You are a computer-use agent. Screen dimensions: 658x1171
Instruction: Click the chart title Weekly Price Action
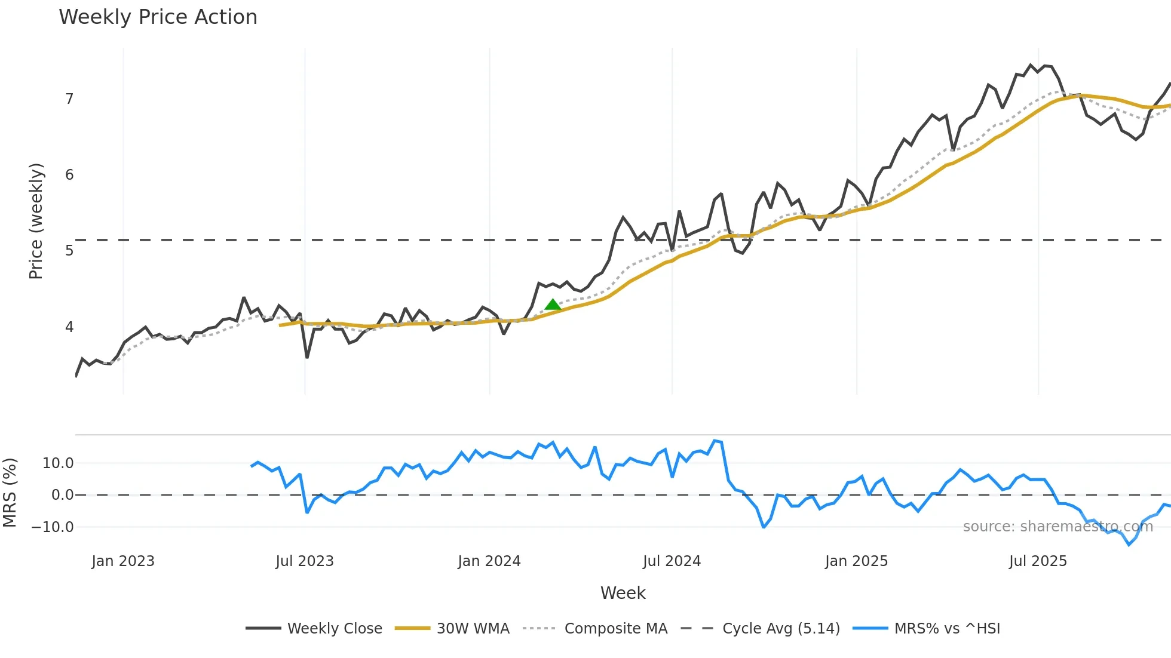(x=158, y=17)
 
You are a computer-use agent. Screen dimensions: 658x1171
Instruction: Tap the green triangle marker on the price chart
(x=553, y=305)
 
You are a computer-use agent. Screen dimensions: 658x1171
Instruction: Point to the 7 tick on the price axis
(x=69, y=99)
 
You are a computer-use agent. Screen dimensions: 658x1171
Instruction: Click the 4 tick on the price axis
(x=69, y=327)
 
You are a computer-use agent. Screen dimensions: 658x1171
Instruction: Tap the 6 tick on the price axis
(x=69, y=175)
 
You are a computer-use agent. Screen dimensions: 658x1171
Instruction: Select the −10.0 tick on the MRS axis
(x=53, y=527)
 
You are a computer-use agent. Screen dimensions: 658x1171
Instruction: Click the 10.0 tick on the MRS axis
(x=58, y=463)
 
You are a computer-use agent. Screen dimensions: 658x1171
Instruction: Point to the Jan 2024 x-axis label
(x=489, y=561)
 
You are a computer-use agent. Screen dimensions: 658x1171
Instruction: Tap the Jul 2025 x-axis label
(x=1038, y=561)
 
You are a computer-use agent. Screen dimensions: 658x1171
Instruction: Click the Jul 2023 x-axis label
(x=305, y=561)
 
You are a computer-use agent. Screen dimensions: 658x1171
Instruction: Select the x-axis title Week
(x=623, y=593)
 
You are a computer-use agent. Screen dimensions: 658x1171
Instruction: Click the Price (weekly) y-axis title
(x=36, y=221)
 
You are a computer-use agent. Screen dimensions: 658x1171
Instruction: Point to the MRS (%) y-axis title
(x=10, y=493)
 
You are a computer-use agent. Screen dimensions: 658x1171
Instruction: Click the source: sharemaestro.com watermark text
(x=1057, y=527)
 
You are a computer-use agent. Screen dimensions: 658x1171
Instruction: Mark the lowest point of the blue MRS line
(x=1129, y=545)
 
